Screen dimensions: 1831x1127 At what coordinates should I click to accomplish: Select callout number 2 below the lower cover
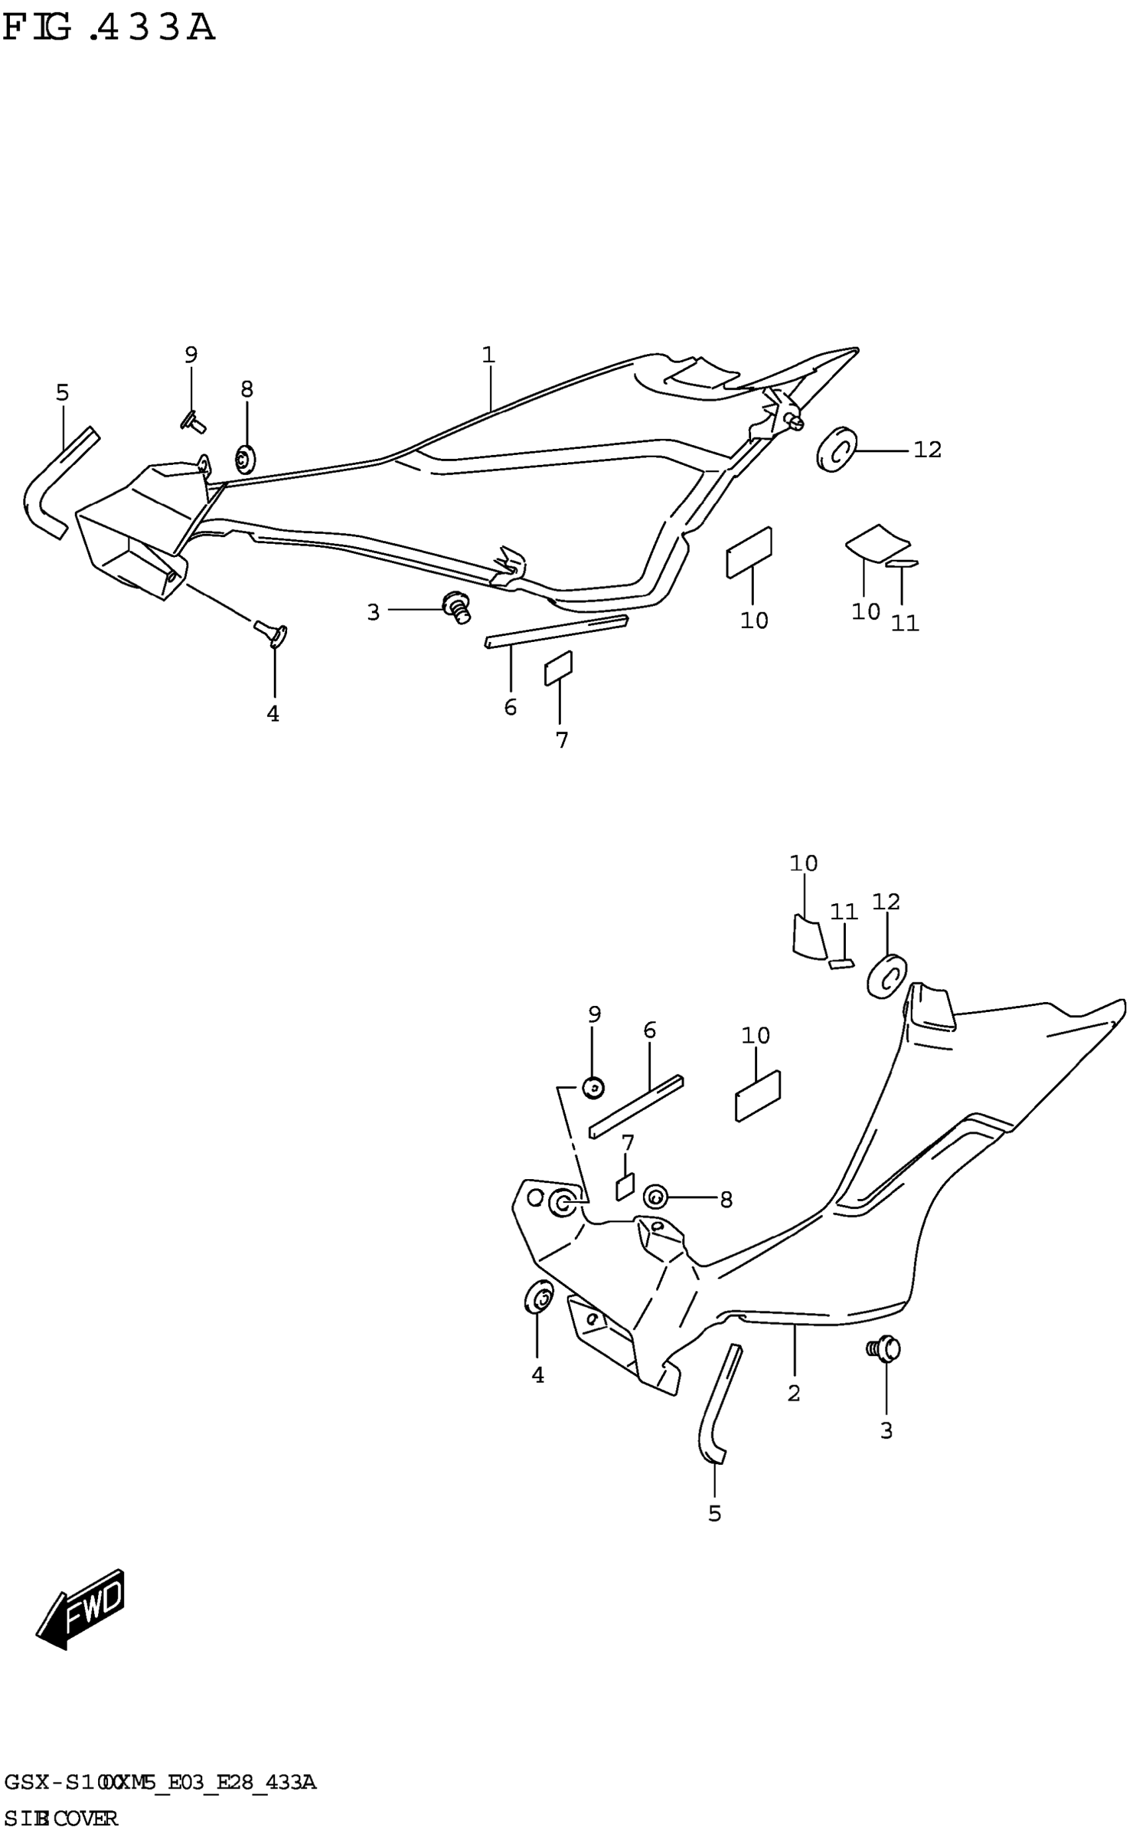(794, 1392)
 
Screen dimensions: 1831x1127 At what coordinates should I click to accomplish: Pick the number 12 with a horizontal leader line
(927, 450)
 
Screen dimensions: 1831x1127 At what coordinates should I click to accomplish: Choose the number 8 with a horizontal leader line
(725, 1200)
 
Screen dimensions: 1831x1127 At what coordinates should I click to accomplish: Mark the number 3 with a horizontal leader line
(373, 612)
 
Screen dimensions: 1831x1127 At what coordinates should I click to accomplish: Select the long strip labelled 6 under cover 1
(556, 631)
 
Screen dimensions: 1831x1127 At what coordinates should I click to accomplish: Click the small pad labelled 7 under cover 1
(558, 667)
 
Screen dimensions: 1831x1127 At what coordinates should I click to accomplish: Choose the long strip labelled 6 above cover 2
(636, 1107)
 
